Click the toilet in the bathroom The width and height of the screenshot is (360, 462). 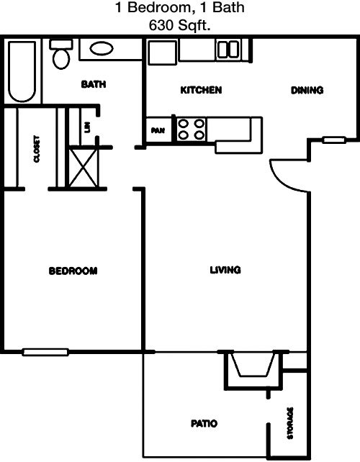pos(61,54)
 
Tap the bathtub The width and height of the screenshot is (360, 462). pos(22,71)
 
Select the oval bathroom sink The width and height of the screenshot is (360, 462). pos(102,49)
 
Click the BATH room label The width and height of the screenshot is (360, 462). pos(94,84)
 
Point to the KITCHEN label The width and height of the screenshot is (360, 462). pos(201,90)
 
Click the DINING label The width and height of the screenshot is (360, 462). pos(307,90)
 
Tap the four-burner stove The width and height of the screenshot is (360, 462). pos(192,130)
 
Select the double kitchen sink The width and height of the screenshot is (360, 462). pos(228,50)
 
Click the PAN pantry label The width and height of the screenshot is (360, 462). pos(158,130)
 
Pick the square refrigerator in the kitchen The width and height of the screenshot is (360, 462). pos(163,53)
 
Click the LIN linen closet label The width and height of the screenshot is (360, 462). pos(87,127)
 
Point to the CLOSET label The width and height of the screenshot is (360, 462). pos(37,149)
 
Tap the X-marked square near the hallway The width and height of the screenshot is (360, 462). pos(84,168)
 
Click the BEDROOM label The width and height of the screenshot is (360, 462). pos(73,271)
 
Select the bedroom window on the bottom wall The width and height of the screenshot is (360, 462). pos(45,352)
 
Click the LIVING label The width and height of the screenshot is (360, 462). pos(225,270)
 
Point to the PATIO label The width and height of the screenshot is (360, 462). pos(204,423)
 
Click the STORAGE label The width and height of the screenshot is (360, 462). pos(290,423)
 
